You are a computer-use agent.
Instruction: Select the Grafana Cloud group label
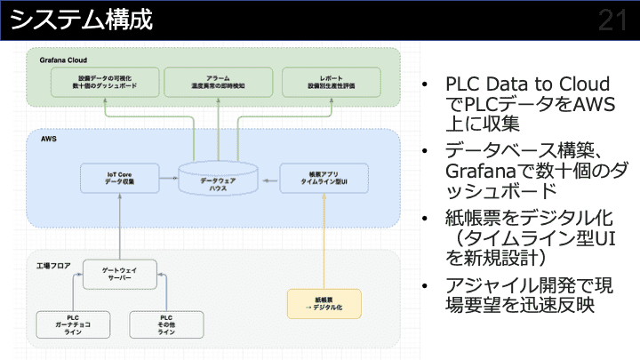63,60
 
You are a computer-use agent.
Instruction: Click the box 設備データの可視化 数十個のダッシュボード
105,83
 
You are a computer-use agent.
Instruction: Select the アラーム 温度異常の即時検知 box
219,83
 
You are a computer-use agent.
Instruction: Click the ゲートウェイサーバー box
119,274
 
